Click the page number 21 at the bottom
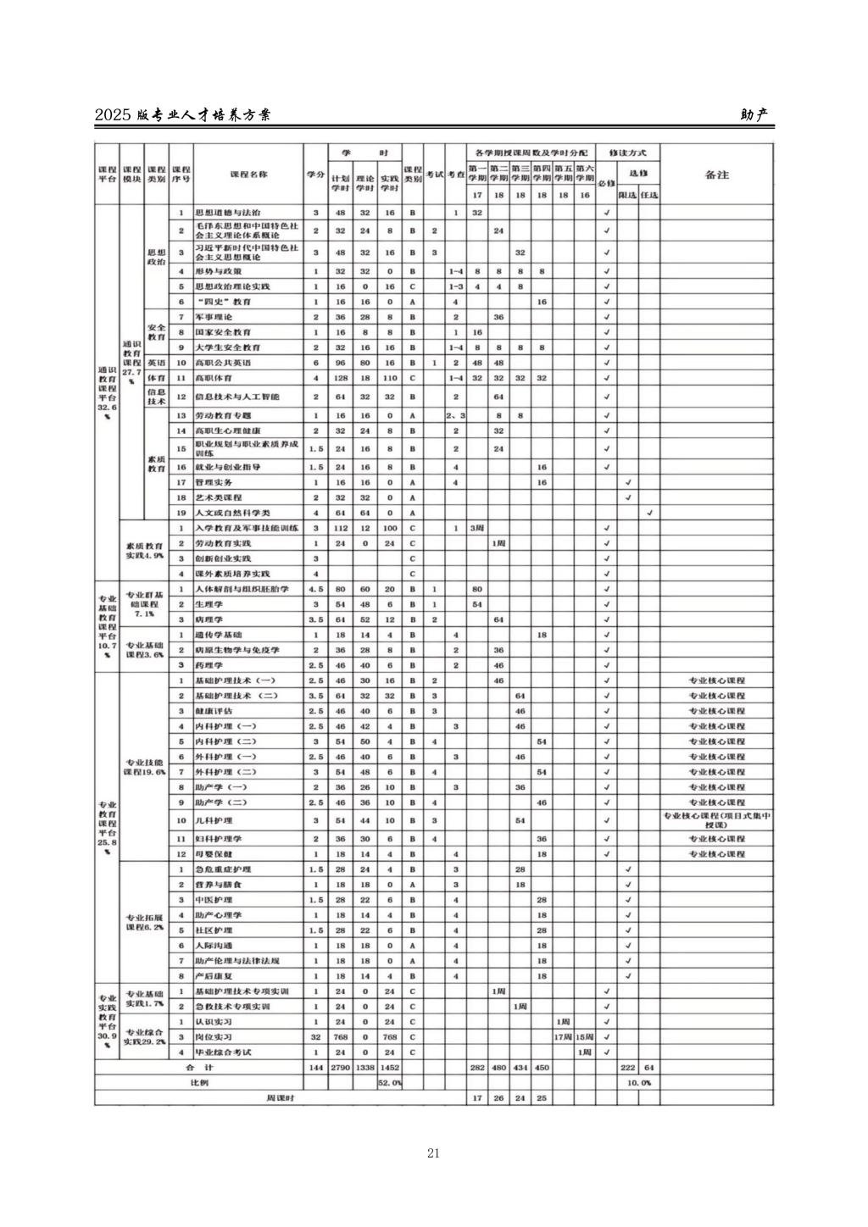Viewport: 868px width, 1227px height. pos(433,1152)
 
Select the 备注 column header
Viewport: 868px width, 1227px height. pos(716,175)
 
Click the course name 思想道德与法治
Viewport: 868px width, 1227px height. pos(228,213)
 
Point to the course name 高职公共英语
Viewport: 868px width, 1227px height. pos(219,363)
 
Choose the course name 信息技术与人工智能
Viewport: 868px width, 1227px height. pos(236,397)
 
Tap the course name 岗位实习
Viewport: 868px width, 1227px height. pos(214,1037)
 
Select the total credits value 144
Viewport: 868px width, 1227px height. pos(316,1068)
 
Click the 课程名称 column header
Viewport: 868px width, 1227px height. pos(248,175)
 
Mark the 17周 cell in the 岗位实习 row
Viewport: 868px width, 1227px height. pos(563,1037)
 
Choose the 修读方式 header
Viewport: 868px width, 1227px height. pos(627,153)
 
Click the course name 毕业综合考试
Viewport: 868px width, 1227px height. pos(225,1052)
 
